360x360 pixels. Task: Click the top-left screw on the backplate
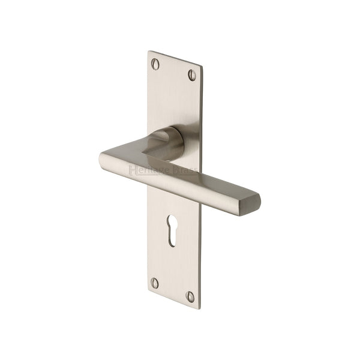pyautogui.click(x=157, y=62)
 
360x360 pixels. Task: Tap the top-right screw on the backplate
pyautogui.click(x=193, y=74)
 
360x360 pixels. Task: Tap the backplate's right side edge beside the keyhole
pyautogui.click(x=199, y=234)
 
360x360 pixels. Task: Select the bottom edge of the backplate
pyautogui.click(x=172, y=296)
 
